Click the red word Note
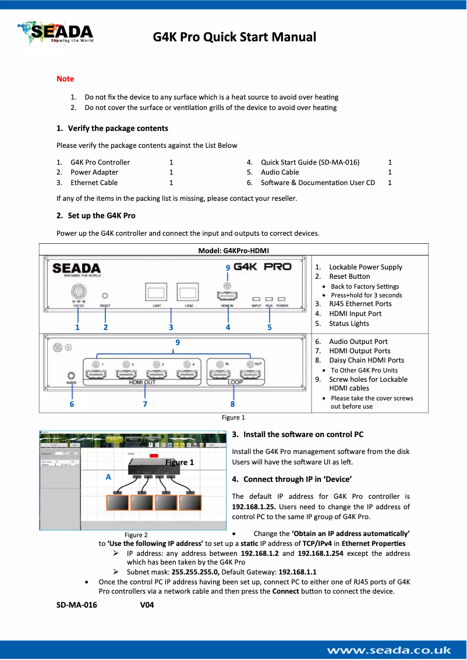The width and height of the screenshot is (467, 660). tap(65, 79)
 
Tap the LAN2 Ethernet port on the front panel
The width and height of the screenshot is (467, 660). tap(188, 292)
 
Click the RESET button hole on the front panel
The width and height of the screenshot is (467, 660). tap(105, 296)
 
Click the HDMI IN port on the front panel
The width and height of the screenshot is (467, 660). tap(228, 295)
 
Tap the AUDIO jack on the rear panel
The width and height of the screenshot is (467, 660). tap(72, 375)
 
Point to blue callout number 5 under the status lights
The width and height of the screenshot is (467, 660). tap(270, 327)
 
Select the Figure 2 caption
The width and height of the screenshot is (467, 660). tap(136, 535)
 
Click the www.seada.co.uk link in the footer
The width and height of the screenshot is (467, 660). tap(388, 650)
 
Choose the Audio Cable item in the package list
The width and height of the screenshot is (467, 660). tap(280, 172)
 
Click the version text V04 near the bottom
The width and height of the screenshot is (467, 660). tap(147, 605)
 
